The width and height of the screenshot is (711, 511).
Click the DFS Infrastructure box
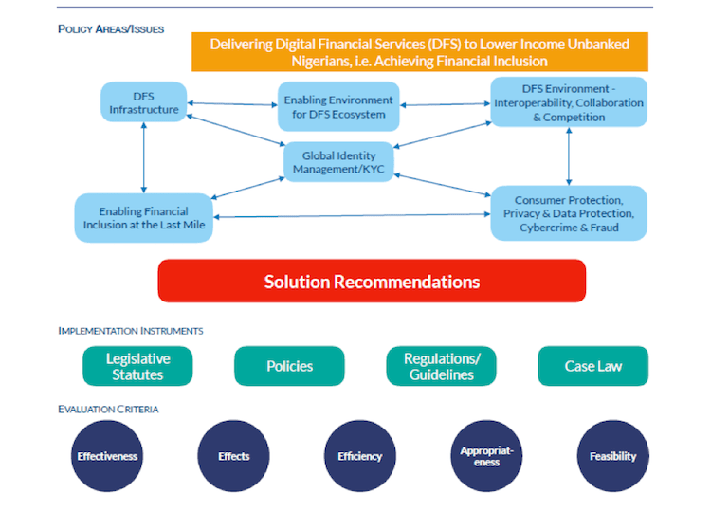tap(143, 103)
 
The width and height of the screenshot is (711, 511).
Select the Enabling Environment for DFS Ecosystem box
tap(338, 107)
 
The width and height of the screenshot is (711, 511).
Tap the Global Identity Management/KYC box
tap(338, 162)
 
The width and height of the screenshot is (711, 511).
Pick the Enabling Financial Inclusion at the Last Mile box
tap(143, 217)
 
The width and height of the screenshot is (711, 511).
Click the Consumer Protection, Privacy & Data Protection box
tap(568, 213)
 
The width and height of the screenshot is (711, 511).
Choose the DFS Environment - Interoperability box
tap(568, 102)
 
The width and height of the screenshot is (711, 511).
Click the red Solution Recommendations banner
tap(372, 282)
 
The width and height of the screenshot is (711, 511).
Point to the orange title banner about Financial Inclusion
tap(378, 52)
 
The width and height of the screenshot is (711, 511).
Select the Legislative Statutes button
tap(137, 366)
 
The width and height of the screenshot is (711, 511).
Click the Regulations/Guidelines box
tap(442, 366)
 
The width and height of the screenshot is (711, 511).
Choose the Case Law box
tap(593, 366)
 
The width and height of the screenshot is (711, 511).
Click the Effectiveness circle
tap(107, 456)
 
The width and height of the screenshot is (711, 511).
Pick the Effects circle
tap(233, 456)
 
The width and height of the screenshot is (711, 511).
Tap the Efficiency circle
tap(360, 456)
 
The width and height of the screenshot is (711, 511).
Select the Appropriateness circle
tap(486, 456)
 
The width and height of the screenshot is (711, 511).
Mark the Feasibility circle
tap(612, 456)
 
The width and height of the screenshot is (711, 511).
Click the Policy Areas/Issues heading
tap(111, 29)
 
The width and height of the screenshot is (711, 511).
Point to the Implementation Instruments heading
tap(131, 331)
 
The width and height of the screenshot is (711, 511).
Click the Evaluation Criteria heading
tap(108, 409)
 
